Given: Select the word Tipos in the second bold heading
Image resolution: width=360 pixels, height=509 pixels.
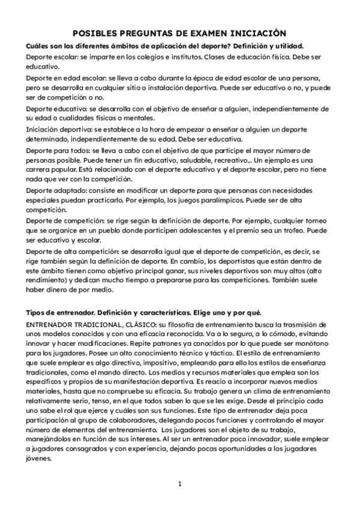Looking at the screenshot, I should (37, 314).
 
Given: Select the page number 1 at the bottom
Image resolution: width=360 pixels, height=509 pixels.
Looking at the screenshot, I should (179, 483).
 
